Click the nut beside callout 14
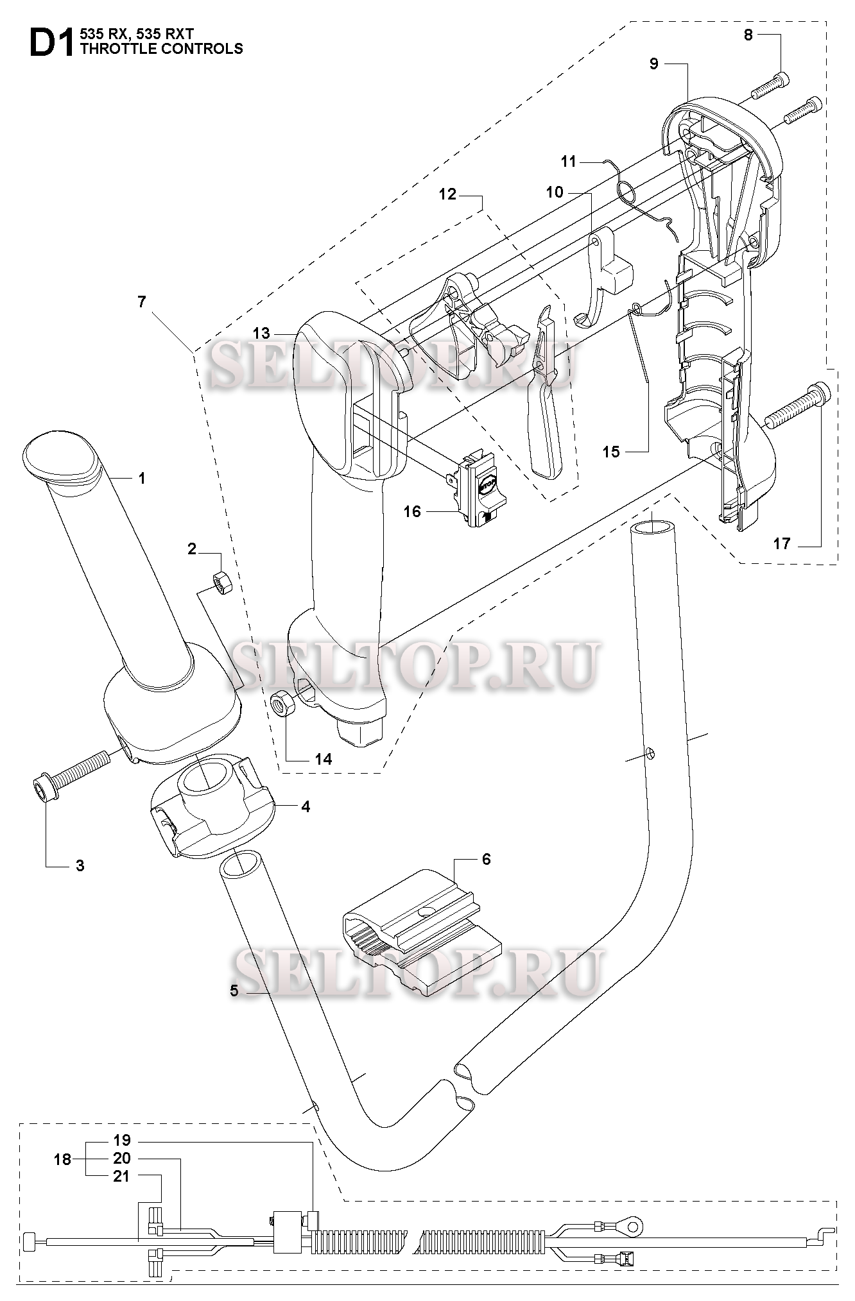[281, 704]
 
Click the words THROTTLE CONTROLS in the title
[162, 49]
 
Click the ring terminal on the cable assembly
[633, 1228]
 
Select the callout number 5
[234, 991]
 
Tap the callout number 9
[654, 64]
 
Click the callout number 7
[142, 302]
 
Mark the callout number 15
[611, 452]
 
